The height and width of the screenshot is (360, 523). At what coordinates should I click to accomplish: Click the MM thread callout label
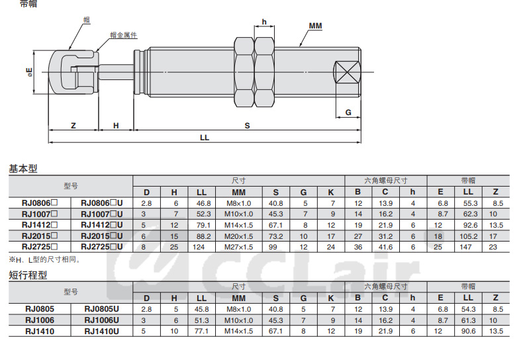315,26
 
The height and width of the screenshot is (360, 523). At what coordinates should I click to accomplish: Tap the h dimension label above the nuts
264,22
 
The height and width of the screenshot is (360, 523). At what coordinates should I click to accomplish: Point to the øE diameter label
30,72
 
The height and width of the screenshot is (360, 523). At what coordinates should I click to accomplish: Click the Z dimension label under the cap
73,126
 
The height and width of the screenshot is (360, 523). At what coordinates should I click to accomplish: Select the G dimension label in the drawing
348,112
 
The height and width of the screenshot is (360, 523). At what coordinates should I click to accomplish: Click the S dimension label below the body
247,126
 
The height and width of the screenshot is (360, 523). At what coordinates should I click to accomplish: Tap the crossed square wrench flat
348,72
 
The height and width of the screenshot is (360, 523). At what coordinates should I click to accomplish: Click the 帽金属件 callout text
123,35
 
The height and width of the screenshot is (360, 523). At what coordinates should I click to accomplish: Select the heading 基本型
23,169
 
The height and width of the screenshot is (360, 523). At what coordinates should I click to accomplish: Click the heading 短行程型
28,275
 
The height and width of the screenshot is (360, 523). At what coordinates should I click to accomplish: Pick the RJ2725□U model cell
102,247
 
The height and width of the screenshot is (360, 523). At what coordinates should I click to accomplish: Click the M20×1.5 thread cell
238,236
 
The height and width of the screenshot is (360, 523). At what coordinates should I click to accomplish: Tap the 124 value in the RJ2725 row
199,247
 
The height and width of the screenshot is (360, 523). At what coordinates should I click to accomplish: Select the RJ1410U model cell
102,332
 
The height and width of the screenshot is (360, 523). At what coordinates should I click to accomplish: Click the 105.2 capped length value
469,236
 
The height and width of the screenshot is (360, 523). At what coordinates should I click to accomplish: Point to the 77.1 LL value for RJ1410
202,332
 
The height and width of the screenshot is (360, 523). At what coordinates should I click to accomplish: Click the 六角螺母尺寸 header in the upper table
385,181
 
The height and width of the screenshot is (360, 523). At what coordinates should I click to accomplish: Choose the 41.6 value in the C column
385,247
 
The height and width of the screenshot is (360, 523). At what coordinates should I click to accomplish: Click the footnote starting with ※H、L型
45,259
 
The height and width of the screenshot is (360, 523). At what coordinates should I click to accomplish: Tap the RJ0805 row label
40,309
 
